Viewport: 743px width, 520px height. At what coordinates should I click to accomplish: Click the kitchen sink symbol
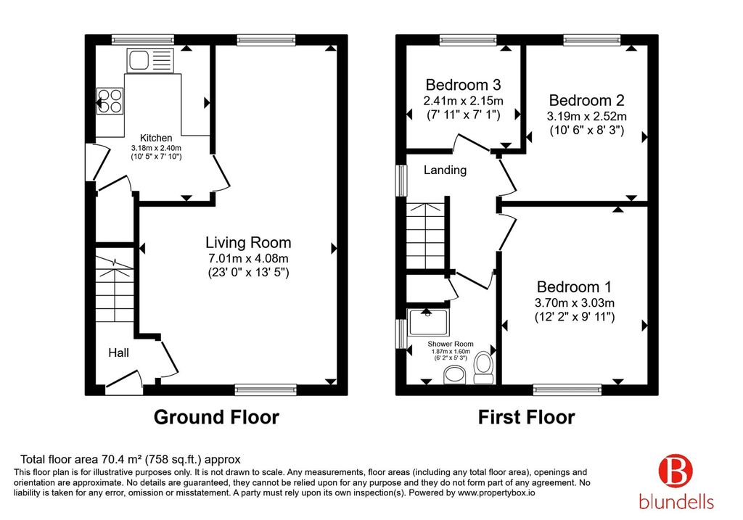pyautogui.click(x=150, y=60)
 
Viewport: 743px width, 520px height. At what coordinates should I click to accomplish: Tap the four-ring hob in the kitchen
pyautogui.click(x=110, y=101)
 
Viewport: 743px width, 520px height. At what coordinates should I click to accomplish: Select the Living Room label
pyautogui.click(x=248, y=242)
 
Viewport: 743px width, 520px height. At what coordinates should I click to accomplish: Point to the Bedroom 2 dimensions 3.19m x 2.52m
pyautogui.click(x=586, y=116)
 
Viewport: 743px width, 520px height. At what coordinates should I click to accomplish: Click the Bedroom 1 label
pyautogui.click(x=575, y=287)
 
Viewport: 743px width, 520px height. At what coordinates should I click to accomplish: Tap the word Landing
pyautogui.click(x=445, y=170)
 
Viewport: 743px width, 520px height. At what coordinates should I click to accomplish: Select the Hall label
pyautogui.click(x=118, y=352)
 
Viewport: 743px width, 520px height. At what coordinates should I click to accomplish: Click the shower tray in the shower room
pyautogui.click(x=429, y=322)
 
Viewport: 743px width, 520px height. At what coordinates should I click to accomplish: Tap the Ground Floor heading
pyautogui.click(x=216, y=417)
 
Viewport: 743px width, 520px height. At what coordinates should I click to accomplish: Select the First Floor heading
pyautogui.click(x=527, y=417)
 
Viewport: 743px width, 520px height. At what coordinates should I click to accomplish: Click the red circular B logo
pyautogui.click(x=676, y=470)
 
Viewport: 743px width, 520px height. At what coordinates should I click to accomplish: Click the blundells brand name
pyautogui.click(x=676, y=502)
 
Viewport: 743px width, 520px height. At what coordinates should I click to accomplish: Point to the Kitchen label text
pyautogui.click(x=156, y=138)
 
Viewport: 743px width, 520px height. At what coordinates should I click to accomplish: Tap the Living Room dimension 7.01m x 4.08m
pyautogui.click(x=248, y=259)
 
